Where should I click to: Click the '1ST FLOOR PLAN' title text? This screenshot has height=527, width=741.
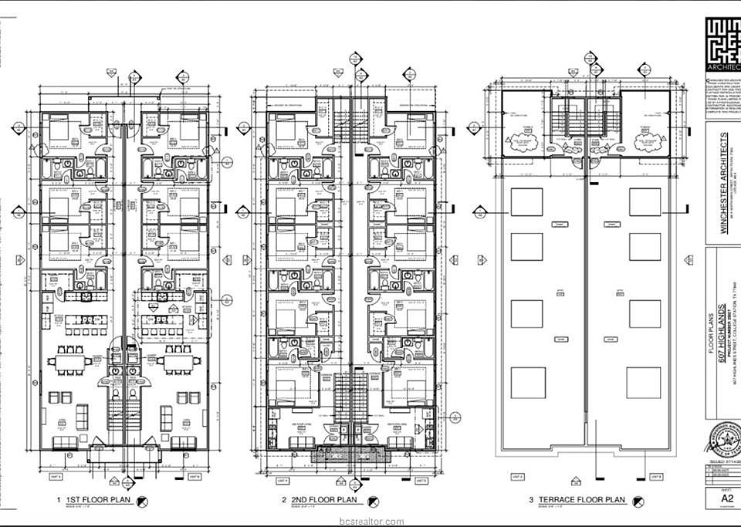pos(96,500)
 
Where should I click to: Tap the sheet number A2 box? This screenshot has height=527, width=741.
pos(726,498)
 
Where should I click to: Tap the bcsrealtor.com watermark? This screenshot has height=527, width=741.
pos(370,520)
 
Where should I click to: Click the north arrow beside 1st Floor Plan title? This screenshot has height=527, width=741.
pos(142,501)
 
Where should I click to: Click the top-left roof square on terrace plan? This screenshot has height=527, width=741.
pos(527,202)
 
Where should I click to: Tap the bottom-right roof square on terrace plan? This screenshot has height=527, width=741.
pos(643,382)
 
